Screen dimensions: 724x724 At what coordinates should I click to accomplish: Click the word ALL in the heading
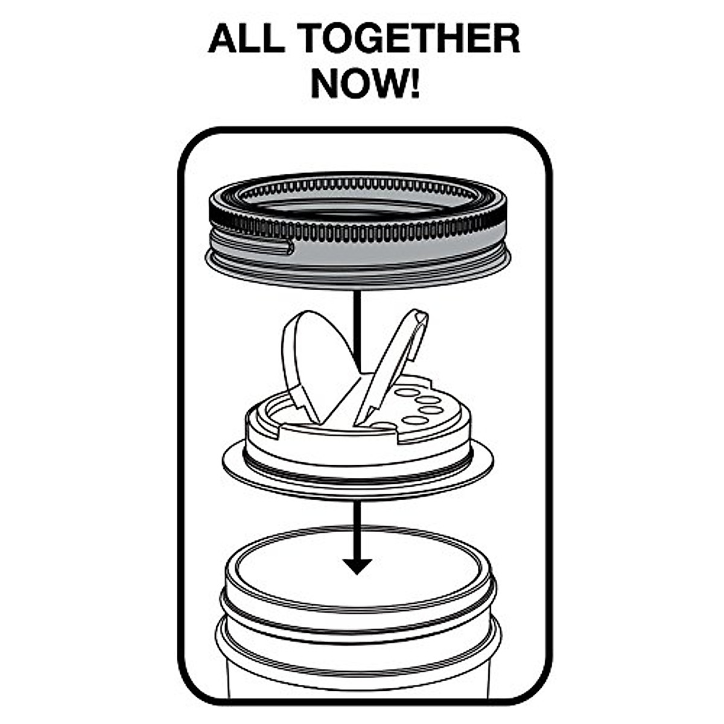[246, 39]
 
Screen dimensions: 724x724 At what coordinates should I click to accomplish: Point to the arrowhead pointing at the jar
[357, 566]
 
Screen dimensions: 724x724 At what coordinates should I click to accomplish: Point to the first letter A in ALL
[223, 39]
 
